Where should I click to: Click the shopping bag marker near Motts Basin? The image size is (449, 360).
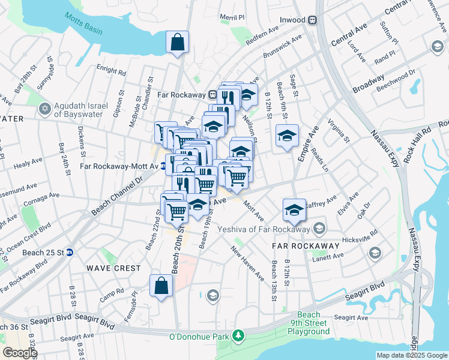point(177,43)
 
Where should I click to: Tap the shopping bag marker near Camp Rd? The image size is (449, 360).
point(161,287)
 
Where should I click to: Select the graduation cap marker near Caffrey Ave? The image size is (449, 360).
point(294,211)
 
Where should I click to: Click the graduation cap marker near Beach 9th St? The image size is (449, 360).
point(287,136)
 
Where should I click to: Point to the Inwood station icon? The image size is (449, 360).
point(312,20)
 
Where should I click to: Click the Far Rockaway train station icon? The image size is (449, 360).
point(212,95)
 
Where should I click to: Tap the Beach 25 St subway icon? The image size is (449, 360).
point(70,253)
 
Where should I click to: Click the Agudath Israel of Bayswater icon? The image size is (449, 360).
point(43,109)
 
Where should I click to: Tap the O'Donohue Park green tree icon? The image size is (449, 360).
point(238,334)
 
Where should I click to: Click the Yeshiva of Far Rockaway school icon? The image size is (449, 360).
point(320,228)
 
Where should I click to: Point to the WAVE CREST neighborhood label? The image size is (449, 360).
point(113,268)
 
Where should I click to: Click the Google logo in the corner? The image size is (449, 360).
point(19,353)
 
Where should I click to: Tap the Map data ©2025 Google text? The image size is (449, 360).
point(412,355)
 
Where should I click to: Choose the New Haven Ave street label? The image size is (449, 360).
point(248,265)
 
